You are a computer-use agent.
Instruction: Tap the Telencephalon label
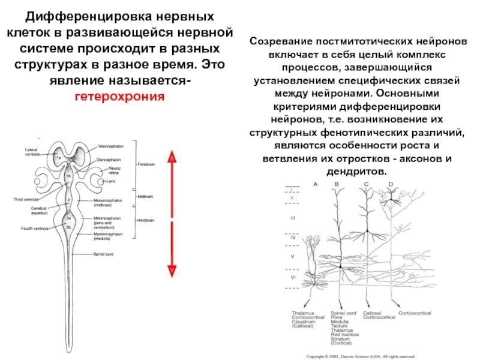(x=110, y=146)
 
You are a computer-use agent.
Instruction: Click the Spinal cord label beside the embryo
(x=103, y=254)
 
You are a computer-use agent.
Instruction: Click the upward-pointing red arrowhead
(x=171, y=159)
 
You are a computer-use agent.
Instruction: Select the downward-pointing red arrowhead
(x=171, y=271)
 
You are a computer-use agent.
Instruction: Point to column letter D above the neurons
(x=391, y=184)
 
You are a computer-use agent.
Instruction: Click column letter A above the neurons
(x=316, y=184)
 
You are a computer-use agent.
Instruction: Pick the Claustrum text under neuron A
(x=304, y=322)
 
